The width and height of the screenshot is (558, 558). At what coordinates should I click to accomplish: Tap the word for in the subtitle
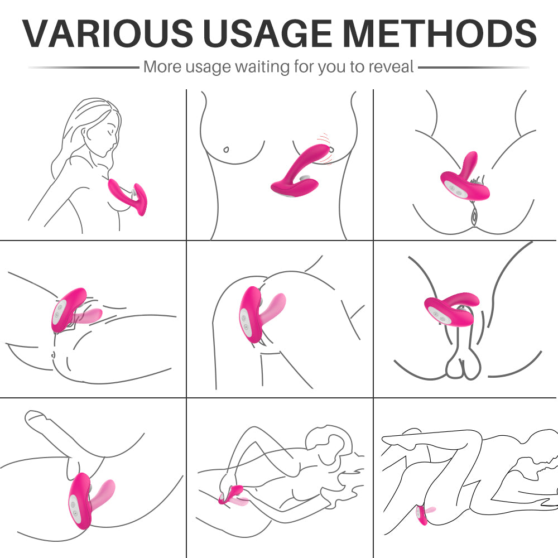(304, 66)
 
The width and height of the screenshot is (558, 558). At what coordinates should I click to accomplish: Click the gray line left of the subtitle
(84, 67)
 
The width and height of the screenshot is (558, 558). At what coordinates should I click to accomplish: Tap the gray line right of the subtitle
(474, 67)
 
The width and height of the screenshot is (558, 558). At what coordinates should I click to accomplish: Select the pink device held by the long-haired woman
(128, 196)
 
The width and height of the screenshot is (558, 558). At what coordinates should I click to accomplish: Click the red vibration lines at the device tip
(326, 148)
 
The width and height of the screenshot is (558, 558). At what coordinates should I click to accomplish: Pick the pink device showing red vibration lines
(299, 171)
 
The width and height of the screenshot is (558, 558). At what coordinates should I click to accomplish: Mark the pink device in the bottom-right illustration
(424, 515)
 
